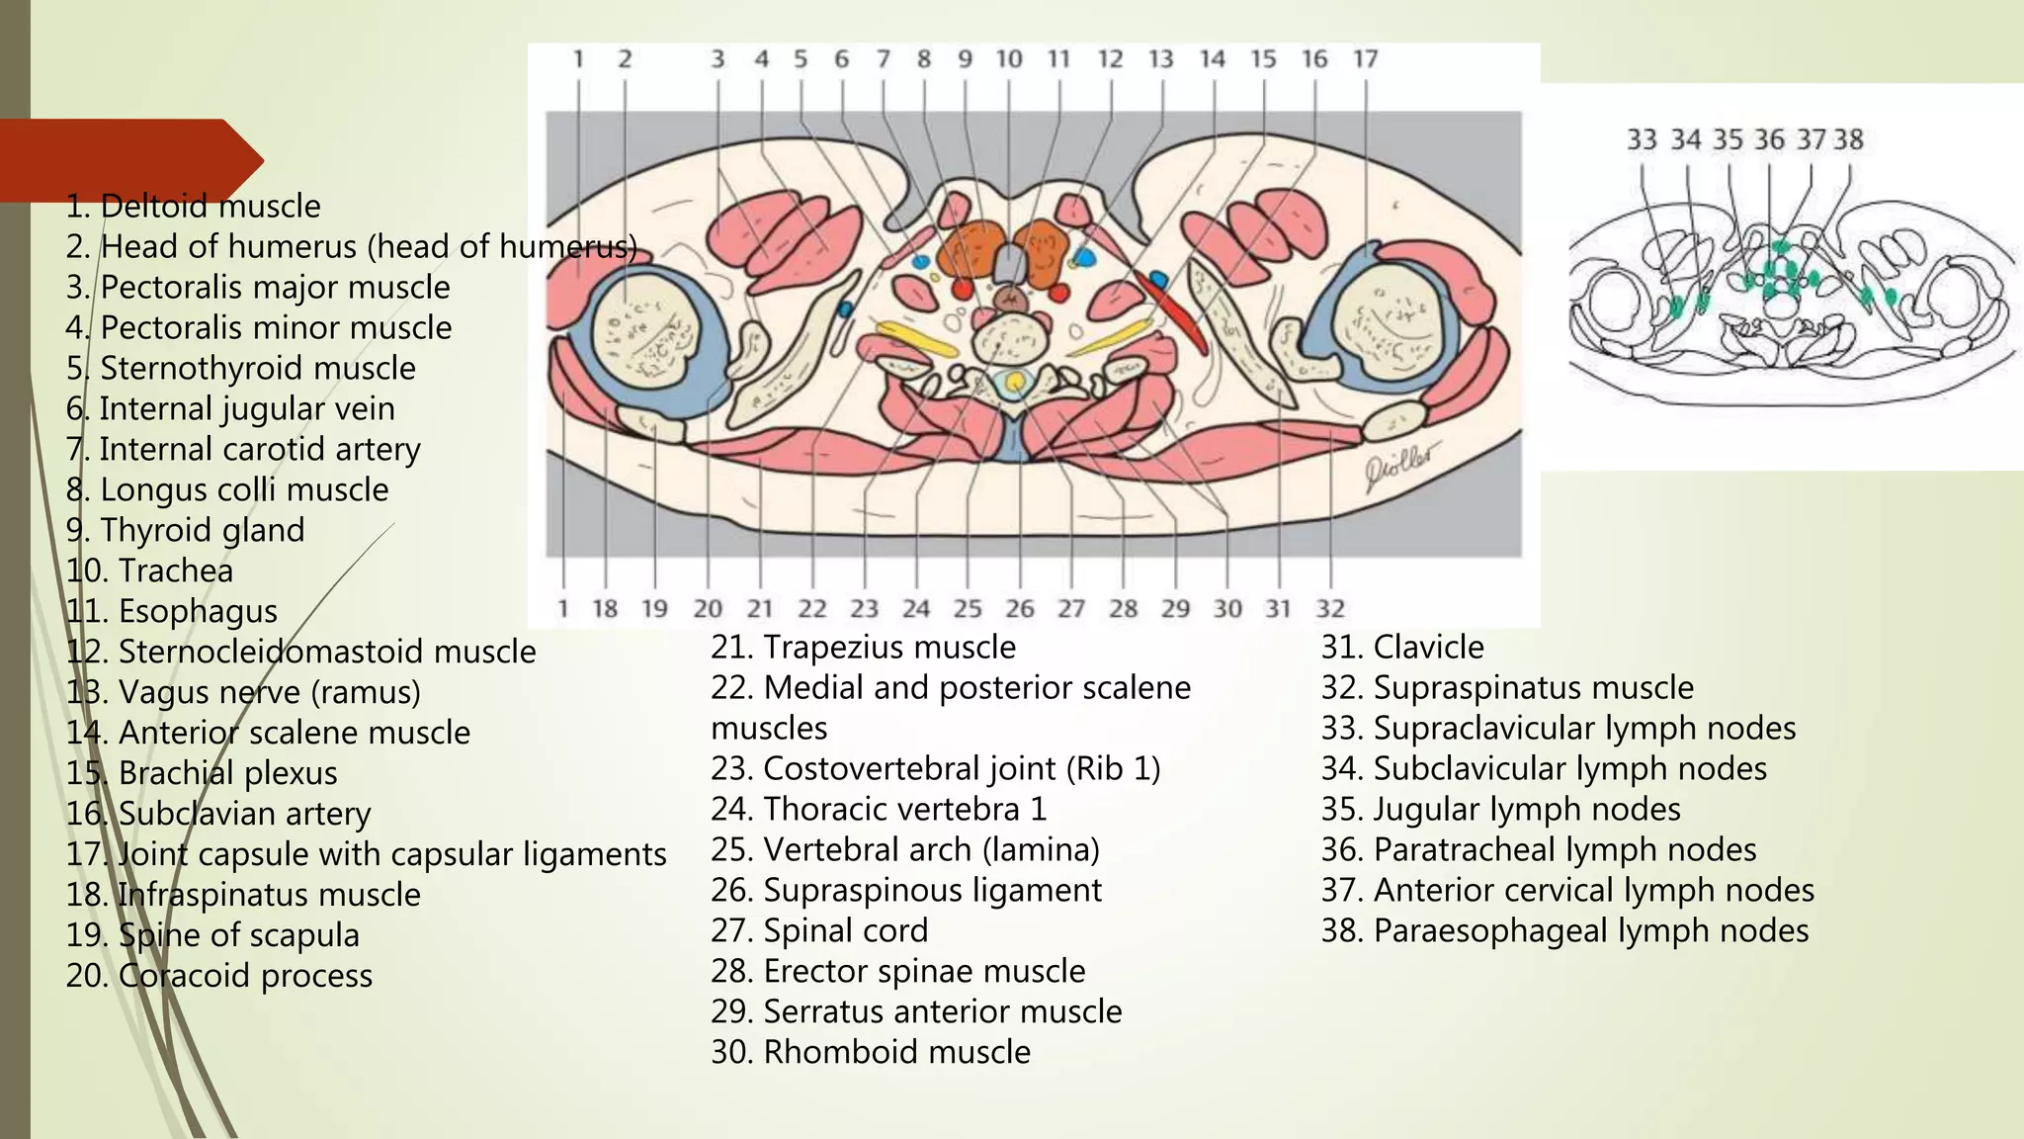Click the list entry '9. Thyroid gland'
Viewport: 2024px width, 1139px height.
tap(185, 530)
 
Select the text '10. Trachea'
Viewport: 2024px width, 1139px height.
tap(149, 570)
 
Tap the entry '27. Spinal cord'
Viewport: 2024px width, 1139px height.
tap(819, 930)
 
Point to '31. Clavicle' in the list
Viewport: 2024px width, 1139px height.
tap(1402, 647)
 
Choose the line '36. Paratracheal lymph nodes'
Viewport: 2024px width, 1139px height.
tap(1539, 849)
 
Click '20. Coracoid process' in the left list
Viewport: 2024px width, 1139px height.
tap(218, 976)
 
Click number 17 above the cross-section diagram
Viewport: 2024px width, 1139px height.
tap(1365, 59)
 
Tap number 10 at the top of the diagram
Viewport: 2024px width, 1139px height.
tap(1008, 59)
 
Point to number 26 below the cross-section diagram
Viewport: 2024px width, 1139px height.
tap(1019, 608)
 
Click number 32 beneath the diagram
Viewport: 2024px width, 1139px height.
tap(1330, 608)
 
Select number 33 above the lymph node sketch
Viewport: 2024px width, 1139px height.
tap(1642, 139)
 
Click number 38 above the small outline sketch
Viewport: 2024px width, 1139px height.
tap(1848, 139)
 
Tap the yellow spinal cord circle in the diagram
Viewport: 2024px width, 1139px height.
tap(1015, 381)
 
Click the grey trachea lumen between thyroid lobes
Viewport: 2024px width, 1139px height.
tap(1008, 263)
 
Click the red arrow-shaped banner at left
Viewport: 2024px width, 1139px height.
tap(128, 158)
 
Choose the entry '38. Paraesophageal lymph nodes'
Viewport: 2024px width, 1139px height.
tap(1564, 930)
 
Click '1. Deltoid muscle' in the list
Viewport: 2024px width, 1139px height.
tap(193, 207)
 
